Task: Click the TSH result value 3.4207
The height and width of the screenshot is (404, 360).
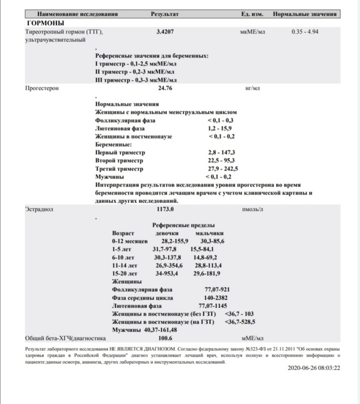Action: coord(165,31)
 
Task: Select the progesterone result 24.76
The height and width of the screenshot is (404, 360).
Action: coord(165,88)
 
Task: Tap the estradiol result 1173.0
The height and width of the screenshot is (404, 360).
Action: coord(165,209)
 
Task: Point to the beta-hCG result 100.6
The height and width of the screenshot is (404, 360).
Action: coord(165,338)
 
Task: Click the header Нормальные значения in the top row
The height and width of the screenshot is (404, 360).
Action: coord(305,14)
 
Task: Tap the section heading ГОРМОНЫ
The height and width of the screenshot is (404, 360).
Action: coord(45,23)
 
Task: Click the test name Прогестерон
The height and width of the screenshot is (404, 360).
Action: coord(42,88)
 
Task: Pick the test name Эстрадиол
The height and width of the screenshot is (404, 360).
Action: coord(39,209)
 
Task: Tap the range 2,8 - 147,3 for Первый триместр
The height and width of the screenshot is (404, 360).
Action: coord(221,152)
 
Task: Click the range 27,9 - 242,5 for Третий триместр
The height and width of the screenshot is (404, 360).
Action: coord(223,169)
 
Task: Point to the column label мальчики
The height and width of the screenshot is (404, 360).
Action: coord(209,232)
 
